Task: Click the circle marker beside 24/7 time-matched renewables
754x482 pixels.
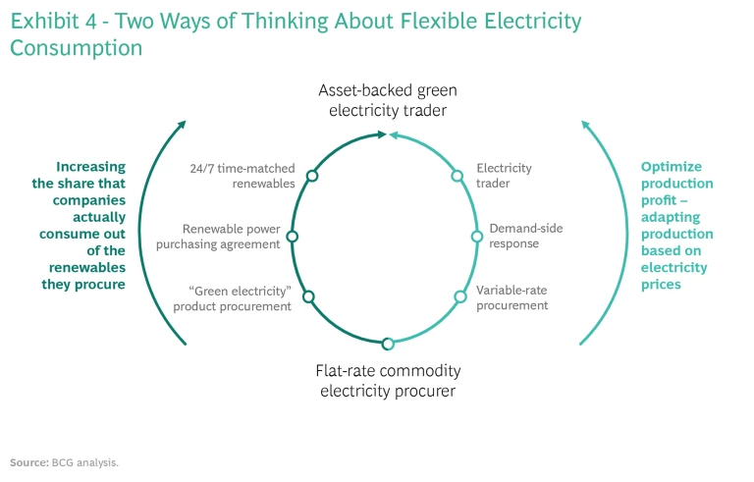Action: pos(312,176)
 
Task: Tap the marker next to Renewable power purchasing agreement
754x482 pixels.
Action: pos(292,237)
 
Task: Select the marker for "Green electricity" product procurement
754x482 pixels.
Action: pos(308,296)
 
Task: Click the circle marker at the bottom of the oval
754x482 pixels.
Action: pos(388,344)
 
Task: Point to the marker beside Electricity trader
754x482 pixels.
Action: pos(457,176)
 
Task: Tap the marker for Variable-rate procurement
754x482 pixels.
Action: pos(459,296)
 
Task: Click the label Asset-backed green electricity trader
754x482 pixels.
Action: pos(388,100)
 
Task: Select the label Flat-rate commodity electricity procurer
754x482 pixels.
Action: pos(388,381)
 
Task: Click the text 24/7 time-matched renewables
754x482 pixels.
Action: pos(242,176)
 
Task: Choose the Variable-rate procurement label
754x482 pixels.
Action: pos(512,297)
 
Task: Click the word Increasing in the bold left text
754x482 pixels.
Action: pos(90,167)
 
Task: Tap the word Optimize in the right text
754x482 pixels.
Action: pos(672,167)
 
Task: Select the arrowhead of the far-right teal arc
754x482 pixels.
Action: pos(586,125)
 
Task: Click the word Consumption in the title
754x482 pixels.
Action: pos(76,47)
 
